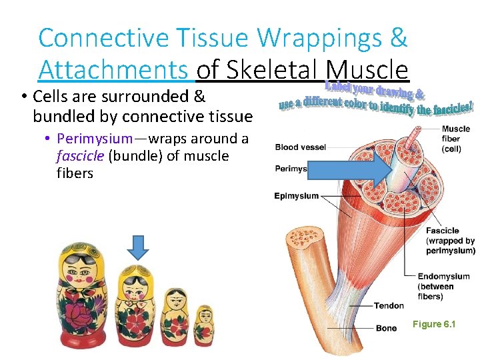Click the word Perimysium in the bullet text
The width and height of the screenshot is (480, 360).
pyautogui.click(x=95, y=139)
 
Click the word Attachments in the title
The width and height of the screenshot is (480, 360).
pyautogui.click(x=113, y=69)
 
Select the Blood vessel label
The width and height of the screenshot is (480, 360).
pyautogui.click(x=300, y=147)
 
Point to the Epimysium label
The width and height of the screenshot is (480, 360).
pyautogui.click(x=297, y=196)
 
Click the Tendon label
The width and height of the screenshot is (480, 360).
pyautogui.click(x=389, y=305)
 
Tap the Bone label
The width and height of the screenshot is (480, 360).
pyautogui.click(x=386, y=328)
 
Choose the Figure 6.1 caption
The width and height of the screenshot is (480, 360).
pyautogui.click(x=434, y=324)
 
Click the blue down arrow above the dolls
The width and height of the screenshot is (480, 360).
pyautogui.click(x=138, y=248)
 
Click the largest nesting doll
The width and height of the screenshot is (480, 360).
pyautogui.click(x=85, y=293)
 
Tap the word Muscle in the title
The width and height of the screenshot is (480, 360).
pyautogui.click(x=367, y=69)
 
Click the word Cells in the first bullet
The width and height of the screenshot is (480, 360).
pyautogui.click(x=51, y=97)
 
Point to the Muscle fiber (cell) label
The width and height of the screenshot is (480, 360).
pyautogui.click(x=455, y=139)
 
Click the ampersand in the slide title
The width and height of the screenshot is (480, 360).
pyautogui.click(x=398, y=37)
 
